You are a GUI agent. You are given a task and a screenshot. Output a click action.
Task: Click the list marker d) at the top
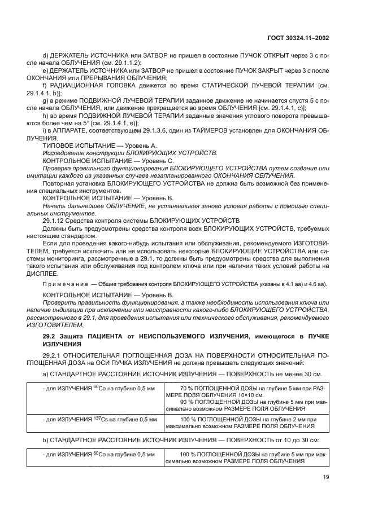click(45, 55)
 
